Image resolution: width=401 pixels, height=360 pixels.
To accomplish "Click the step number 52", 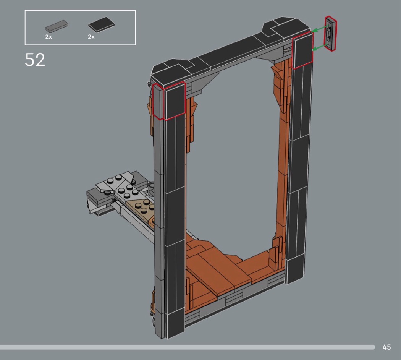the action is click(35, 60).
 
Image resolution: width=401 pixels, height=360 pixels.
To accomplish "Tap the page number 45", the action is click(386, 347).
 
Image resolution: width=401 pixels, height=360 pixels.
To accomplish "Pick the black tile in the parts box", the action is click(102, 24).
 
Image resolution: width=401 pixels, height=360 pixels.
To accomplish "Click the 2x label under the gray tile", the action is click(49, 37).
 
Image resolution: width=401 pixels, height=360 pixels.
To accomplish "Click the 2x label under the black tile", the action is click(91, 37).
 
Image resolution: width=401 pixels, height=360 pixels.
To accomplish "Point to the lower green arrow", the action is click(319, 47).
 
